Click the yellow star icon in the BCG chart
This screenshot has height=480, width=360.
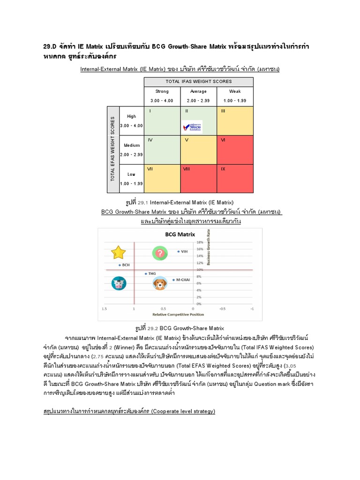pyautogui.click(x=119, y=253)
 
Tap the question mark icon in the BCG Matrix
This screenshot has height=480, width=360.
pyautogui.click(x=160, y=253)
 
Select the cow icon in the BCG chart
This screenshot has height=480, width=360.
pyautogui.click(x=119, y=284)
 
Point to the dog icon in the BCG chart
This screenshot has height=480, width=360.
pyautogui.click(x=160, y=284)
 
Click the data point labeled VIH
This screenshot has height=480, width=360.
pyautogui.click(x=178, y=252)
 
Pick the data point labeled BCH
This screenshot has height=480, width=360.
pyautogui.click(x=120, y=265)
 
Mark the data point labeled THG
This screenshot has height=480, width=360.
pyautogui.click(x=146, y=273)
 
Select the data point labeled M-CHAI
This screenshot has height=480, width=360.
pyautogui.click(x=173, y=280)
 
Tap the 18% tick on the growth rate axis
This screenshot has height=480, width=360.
pyautogui.click(x=199, y=242)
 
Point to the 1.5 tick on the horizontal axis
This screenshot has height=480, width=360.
pyautogui.click(x=105, y=309)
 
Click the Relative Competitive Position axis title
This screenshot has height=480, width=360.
pyautogui.click(x=176, y=315)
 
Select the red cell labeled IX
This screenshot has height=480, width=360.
pyautogui.click(x=235, y=178)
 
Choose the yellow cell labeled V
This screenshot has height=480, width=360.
pyautogui.click(x=199, y=150)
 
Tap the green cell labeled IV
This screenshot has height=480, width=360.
pyautogui.click(x=162, y=150)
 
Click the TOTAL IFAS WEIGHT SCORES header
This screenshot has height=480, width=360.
pyautogui.click(x=199, y=82)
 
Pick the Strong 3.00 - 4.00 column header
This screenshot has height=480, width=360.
pyautogui.click(x=162, y=96)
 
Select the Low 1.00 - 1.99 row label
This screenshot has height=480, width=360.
pyautogui.click(x=131, y=178)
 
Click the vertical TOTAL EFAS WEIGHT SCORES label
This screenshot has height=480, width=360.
pyautogui.click(x=112, y=150)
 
